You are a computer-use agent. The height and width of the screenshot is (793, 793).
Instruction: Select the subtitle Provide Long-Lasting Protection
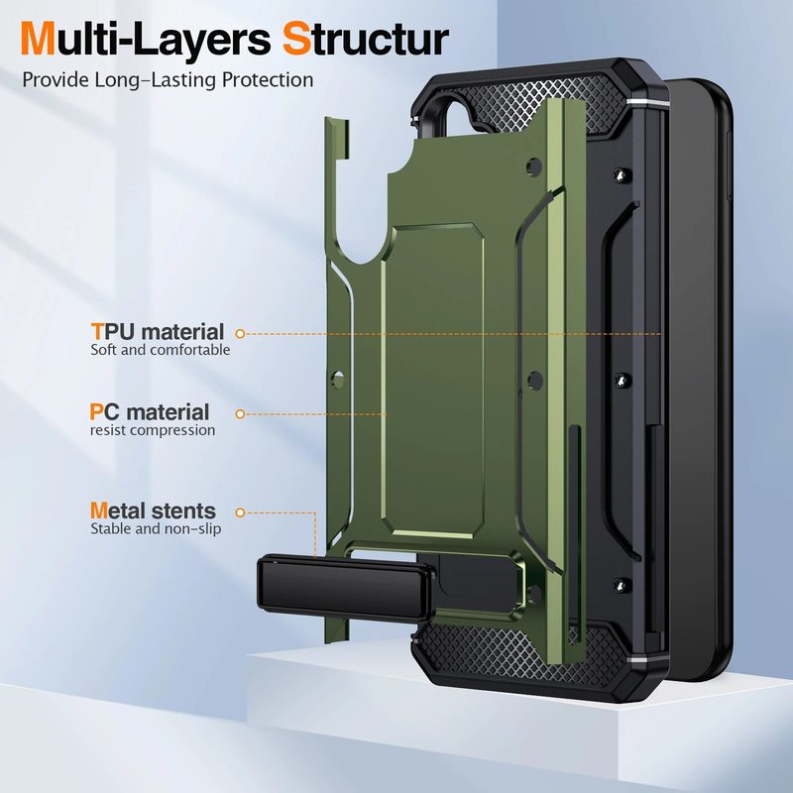[x=168, y=80]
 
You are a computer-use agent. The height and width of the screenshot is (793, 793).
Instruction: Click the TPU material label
[x=158, y=332]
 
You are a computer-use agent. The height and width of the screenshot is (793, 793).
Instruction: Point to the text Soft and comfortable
[x=161, y=350]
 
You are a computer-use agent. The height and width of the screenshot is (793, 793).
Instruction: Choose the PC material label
[x=150, y=411]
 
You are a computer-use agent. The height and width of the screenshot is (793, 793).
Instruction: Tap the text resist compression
[x=153, y=430]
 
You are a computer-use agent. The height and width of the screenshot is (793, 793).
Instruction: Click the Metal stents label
[x=153, y=510]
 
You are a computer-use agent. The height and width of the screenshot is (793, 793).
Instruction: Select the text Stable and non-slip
[x=156, y=528]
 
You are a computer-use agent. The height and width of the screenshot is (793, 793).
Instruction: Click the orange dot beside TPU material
[x=240, y=334]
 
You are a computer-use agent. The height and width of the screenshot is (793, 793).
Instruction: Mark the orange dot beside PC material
[x=239, y=412]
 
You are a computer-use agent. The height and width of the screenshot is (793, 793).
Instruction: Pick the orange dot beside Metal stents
[x=239, y=512]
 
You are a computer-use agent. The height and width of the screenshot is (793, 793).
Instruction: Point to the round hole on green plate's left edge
[x=338, y=378]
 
